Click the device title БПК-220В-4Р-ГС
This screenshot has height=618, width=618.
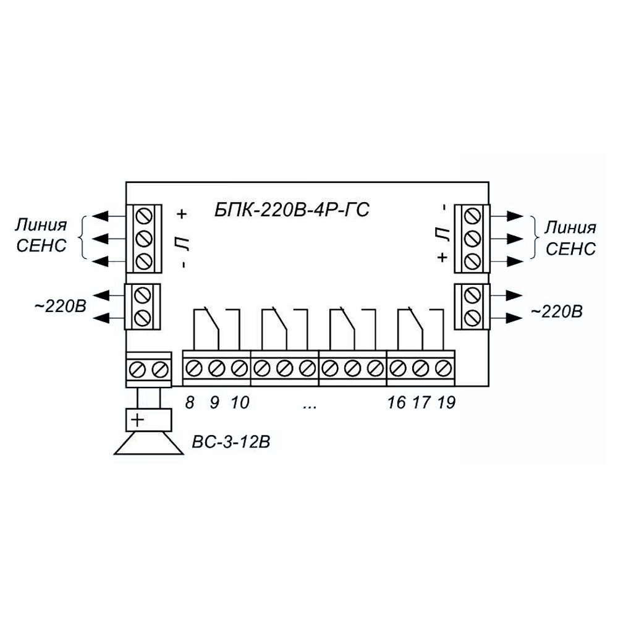292,210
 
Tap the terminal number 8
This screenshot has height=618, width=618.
190,402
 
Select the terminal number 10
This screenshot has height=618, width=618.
240,402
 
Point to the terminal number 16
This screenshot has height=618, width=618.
396,402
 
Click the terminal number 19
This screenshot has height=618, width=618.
446,402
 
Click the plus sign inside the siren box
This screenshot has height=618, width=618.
137,420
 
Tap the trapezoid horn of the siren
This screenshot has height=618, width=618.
148,443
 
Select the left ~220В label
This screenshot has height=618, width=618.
61,307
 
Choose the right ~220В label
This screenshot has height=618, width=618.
557,311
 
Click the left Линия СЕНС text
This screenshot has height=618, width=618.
41,235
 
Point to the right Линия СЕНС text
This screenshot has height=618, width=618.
570,239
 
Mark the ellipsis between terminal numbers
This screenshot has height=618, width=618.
310,405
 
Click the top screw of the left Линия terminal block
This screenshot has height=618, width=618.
143,216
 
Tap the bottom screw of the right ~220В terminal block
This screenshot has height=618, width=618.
473,317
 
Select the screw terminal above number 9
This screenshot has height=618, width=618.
216,369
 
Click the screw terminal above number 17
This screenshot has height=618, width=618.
420,369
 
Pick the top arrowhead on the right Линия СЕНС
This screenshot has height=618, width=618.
515,216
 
